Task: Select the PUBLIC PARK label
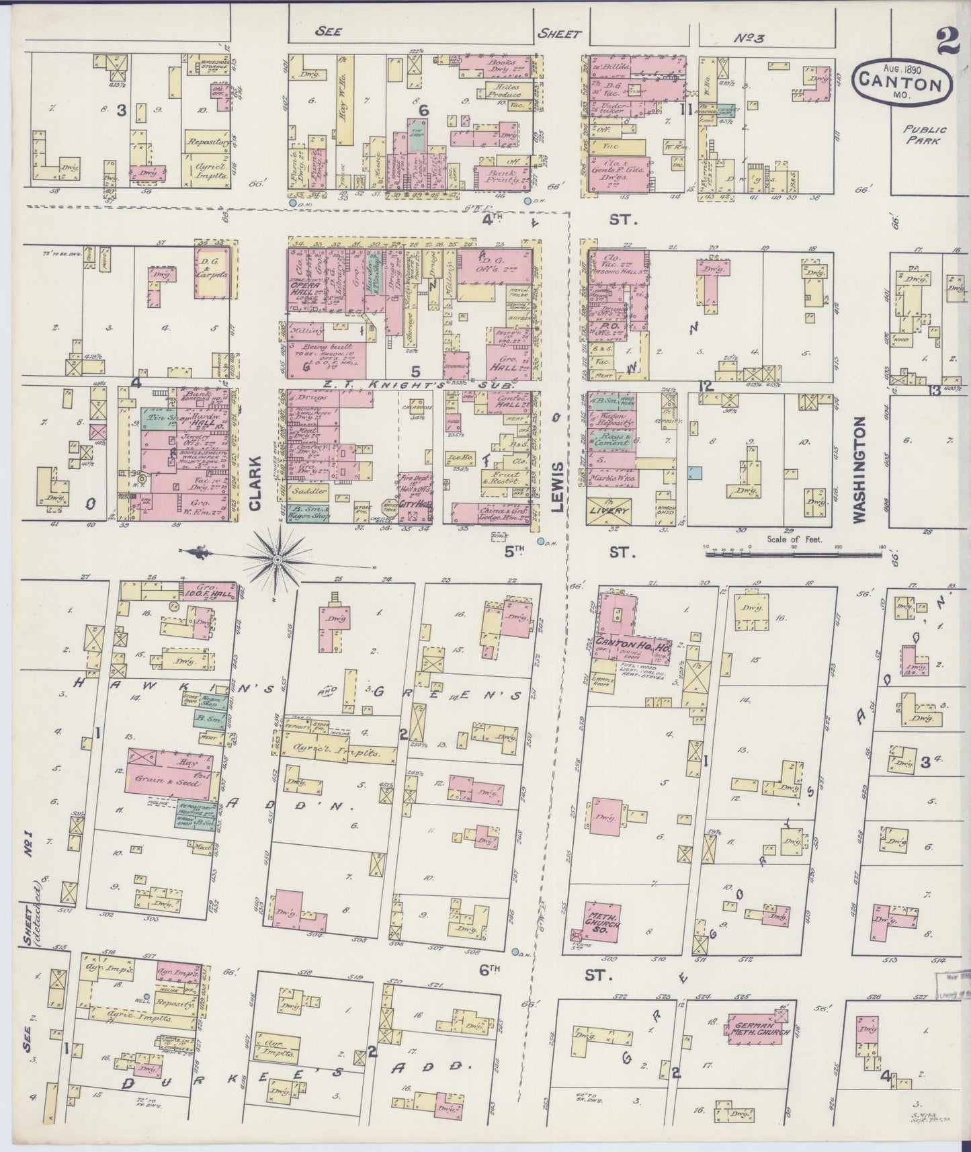point(925,134)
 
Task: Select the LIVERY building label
point(611,510)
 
